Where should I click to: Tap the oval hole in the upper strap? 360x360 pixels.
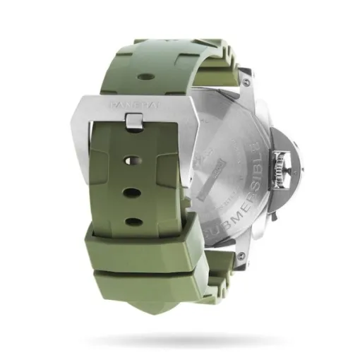click(x=144, y=73)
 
